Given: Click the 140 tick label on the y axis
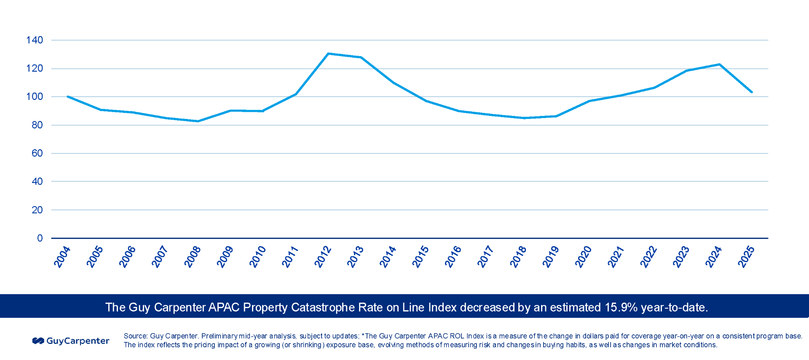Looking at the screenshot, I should (x=35, y=40).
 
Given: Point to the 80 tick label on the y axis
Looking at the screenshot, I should (x=37, y=125).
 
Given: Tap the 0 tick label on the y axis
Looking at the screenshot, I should (x=40, y=238).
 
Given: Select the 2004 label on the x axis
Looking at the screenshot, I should (x=62, y=257).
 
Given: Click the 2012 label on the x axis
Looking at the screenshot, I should (x=323, y=257).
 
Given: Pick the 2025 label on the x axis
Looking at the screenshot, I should (x=746, y=257).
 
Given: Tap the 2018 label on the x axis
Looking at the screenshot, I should (x=518, y=257).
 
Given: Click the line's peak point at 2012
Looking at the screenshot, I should (x=328, y=54).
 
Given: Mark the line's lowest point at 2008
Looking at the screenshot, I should (x=198, y=121).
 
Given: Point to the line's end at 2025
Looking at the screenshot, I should (x=752, y=92).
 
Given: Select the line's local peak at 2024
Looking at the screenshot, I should (x=719, y=64).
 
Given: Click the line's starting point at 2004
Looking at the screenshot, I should (x=68, y=97).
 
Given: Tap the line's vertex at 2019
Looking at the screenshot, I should (x=556, y=116).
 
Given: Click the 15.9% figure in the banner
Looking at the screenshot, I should (x=621, y=307).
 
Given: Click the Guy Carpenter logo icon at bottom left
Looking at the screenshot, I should (x=38, y=341).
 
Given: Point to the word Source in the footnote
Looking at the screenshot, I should (x=135, y=336).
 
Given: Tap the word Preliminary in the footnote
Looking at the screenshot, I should (x=219, y=336).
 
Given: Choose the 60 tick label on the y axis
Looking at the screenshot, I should (x=37, y=153).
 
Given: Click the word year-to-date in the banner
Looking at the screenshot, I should (x=674, y=307).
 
